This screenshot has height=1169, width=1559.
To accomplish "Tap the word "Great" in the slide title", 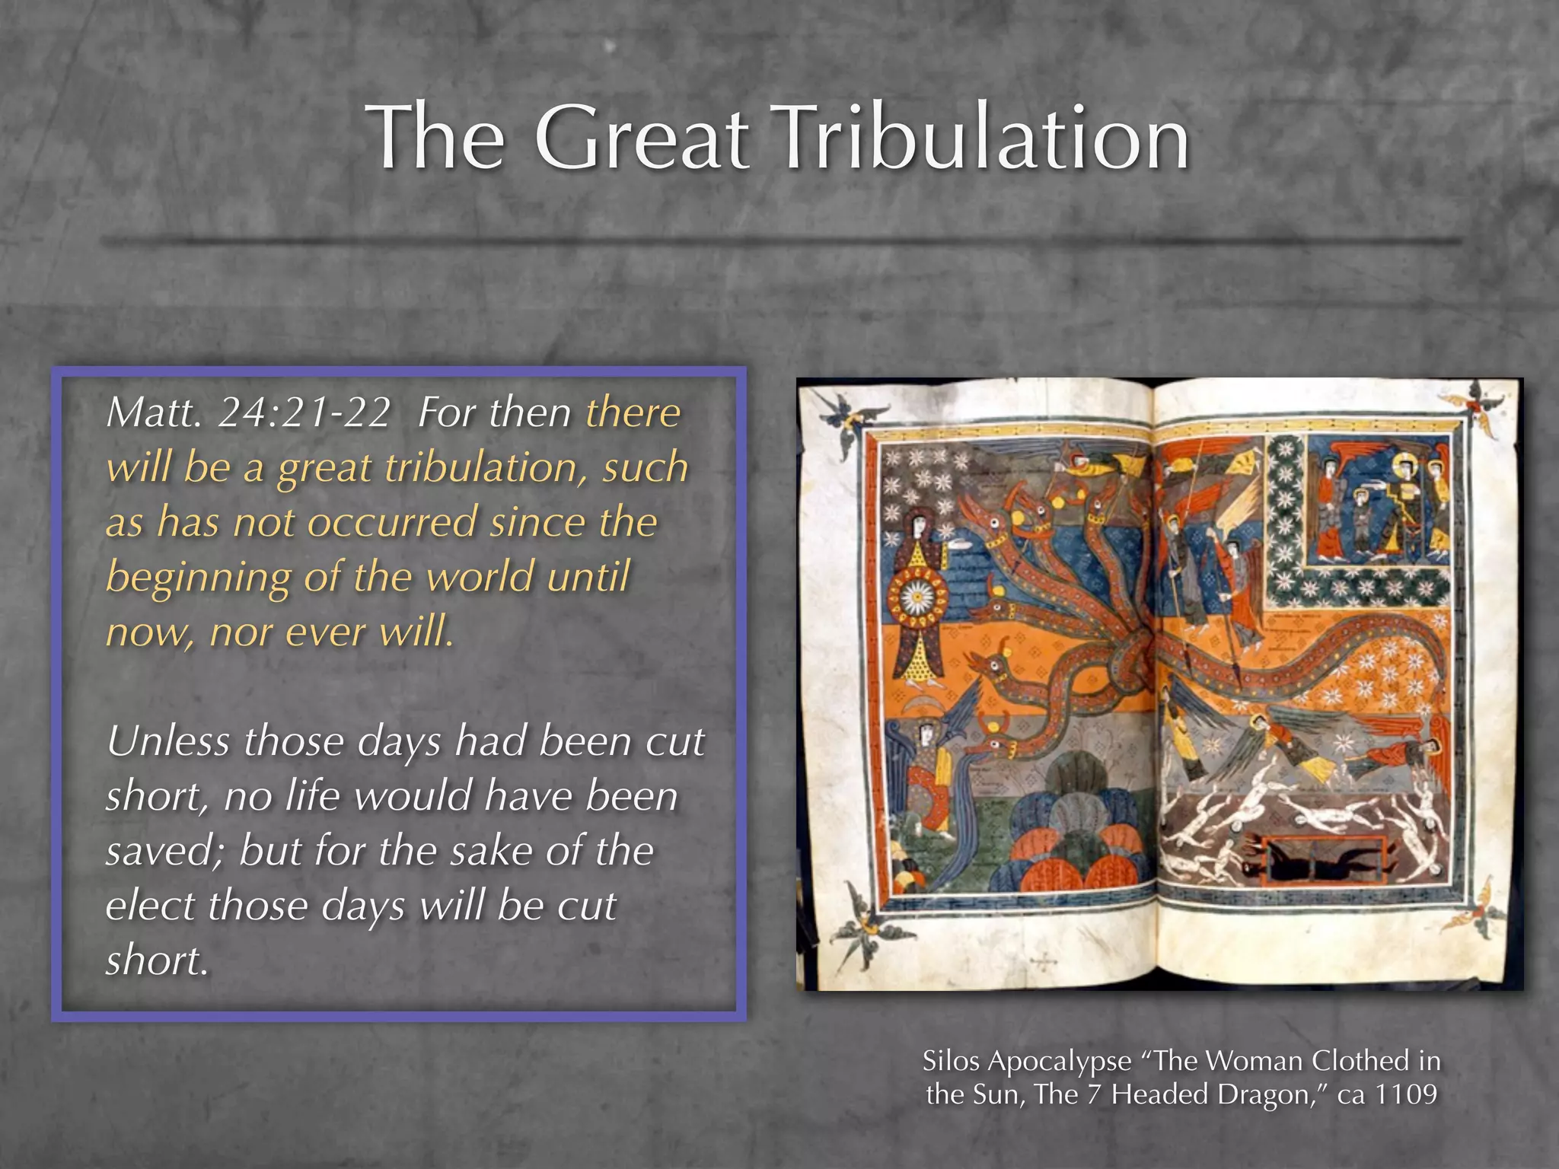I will pos(642,138).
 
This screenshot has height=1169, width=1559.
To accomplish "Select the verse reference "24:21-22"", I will pos(304,413).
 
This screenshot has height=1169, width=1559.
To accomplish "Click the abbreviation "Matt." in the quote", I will pos(153,413).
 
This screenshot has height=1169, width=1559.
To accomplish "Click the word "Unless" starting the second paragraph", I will pos(167,741).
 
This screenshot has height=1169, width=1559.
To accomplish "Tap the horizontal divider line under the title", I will pos(779,242).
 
